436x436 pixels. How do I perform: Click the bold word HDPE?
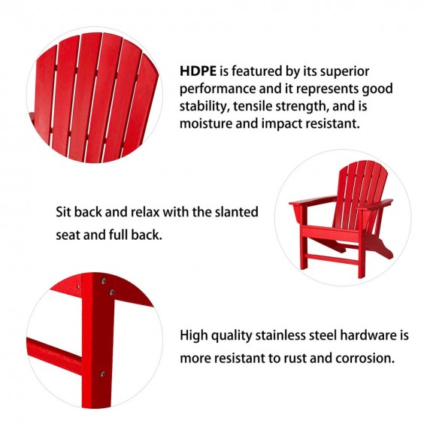coord(198,71)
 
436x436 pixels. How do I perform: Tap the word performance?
coord(215,89)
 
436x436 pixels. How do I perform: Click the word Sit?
coord(65,212)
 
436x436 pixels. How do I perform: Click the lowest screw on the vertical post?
coord(102,374)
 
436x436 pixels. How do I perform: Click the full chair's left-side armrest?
coord(310,201)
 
